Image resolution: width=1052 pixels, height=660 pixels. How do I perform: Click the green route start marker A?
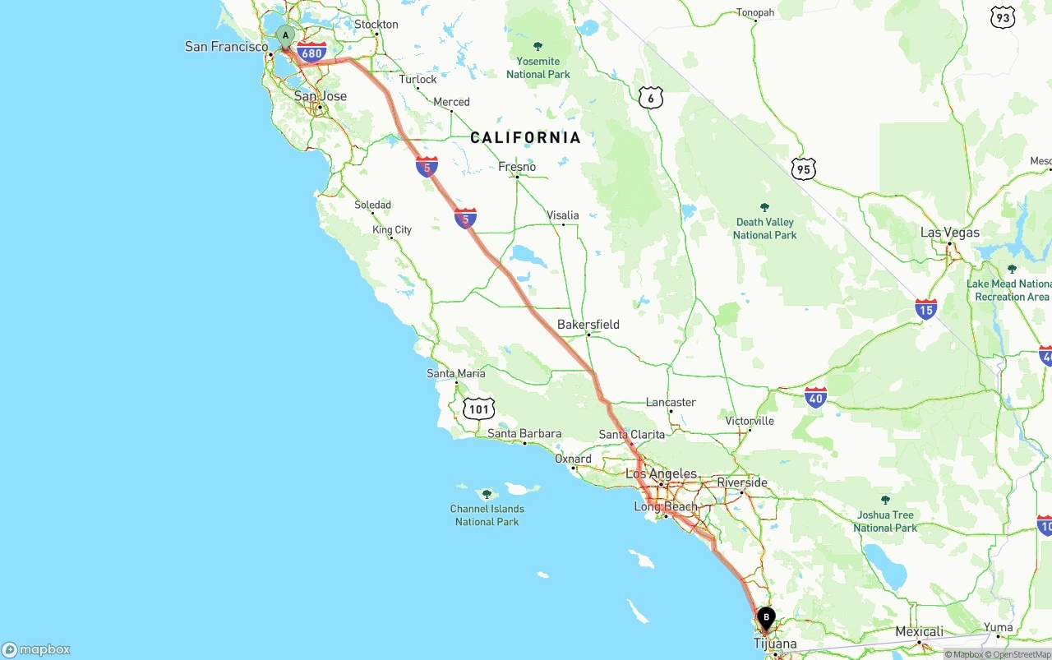[x=285, y=36]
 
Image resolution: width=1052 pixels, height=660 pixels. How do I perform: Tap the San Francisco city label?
[x=226, y=47]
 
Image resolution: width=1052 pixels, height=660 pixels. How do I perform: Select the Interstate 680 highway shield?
[x=311, y=53]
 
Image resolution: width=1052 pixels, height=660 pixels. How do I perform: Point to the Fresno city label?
[x=517, y=167]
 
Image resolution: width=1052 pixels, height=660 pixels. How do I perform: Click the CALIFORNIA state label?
[x=525, y=137]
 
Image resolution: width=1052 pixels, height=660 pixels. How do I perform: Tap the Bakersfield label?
[x=588, y=325]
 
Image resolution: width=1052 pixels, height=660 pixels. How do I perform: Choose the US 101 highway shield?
[x=478, y=408]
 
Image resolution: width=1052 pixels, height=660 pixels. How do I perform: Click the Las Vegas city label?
[x=949, y=233]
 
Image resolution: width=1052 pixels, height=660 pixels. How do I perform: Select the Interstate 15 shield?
[x=925, y=309]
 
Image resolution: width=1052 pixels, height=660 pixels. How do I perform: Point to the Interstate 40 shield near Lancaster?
[x=815, y=399]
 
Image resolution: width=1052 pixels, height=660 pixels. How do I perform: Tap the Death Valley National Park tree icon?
[x=765, y=207]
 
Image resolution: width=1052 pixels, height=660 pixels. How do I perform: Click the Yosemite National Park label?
[x=538, y=67]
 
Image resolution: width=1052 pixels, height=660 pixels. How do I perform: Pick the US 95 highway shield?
[x=804, y=169]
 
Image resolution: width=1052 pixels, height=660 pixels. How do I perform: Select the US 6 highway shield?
[x=650, y=98]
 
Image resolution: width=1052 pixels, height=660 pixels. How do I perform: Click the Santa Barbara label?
[x=524, y=434]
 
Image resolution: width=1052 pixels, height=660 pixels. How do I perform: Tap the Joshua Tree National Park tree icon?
[x=885, y=500]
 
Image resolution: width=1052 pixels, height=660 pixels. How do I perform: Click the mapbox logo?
[x=36, y=649]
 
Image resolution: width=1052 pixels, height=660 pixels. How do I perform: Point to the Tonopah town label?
[x=755, y=12]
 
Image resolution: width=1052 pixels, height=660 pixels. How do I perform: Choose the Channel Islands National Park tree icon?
[x=487, y=494]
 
